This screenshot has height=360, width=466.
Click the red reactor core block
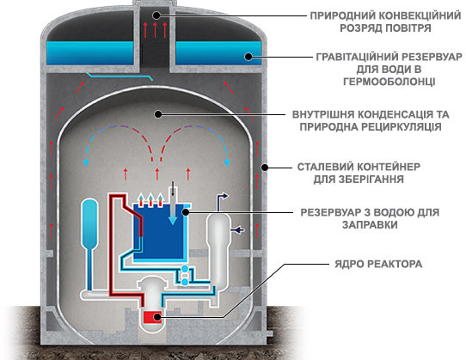coord(152,317)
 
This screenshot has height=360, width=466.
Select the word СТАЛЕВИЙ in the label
coord(324,167)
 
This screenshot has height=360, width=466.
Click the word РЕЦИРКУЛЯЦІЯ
coord(402,127)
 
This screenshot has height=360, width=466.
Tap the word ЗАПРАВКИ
coord(370,224)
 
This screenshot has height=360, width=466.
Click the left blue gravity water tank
coord(89,53)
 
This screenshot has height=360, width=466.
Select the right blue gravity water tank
coord(218,53)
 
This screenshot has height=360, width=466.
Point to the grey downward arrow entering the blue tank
coord(173,206)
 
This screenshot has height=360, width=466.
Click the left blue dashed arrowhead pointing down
coord(86,162)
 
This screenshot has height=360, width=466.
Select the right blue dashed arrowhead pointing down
coord(227,162)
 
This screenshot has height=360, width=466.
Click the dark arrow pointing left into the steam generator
coord(237,229)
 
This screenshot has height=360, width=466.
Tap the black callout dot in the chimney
coord(156,15)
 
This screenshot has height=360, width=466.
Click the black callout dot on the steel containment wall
coord(265,168)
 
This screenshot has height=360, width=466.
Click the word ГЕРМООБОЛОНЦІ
coord(389,82)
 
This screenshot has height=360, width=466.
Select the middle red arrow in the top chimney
coord(155,30)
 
